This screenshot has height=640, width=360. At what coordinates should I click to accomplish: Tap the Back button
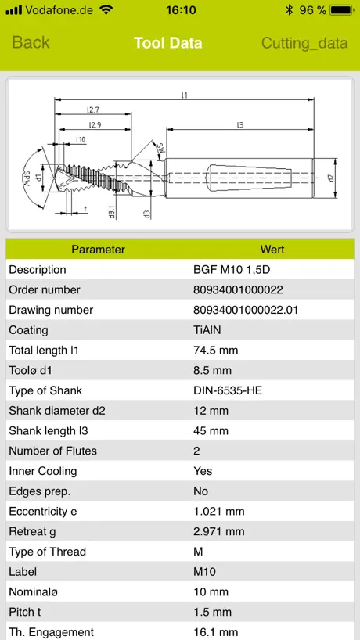tap(31, 43)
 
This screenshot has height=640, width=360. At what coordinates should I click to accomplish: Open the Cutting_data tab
tap(304, 43)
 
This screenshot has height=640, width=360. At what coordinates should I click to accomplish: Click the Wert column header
tap(272, 250)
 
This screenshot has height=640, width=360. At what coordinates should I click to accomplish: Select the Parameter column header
tap(98, 250)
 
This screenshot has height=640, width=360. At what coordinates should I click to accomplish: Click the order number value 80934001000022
tap(238, 289)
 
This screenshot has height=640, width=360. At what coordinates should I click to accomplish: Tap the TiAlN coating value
tap(207, 330)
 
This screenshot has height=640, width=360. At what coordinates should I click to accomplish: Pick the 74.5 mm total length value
tap(215, 351)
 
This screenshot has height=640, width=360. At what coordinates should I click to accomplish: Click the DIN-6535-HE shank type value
tap(228, 390)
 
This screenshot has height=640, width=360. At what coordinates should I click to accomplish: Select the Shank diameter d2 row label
tap(57, 411)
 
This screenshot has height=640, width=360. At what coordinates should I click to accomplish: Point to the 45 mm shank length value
tap(211, 431)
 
